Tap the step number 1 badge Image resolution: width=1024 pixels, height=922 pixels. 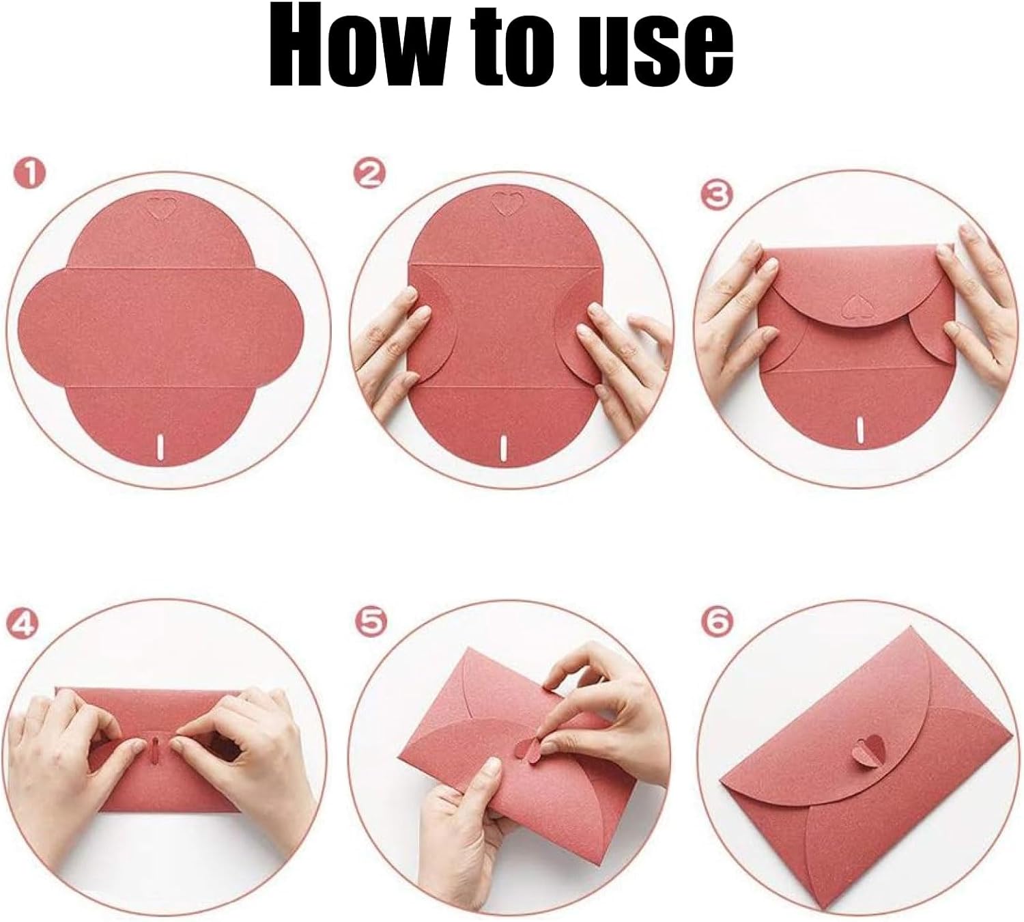(29, 173)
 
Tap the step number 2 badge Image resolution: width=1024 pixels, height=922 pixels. (369, 175)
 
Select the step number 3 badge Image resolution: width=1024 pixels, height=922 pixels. (716, 195)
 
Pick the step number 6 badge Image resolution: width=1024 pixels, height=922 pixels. (717, 623)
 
